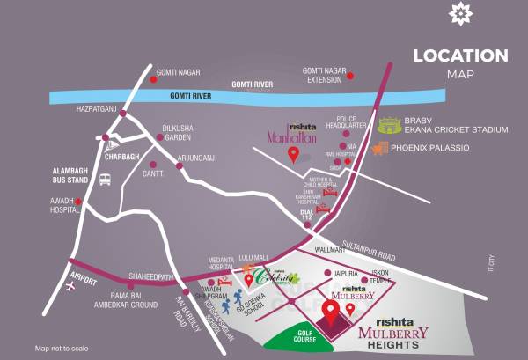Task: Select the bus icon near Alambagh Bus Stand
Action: tap(105, 180)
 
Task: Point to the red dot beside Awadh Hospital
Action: tap(78, 202)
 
